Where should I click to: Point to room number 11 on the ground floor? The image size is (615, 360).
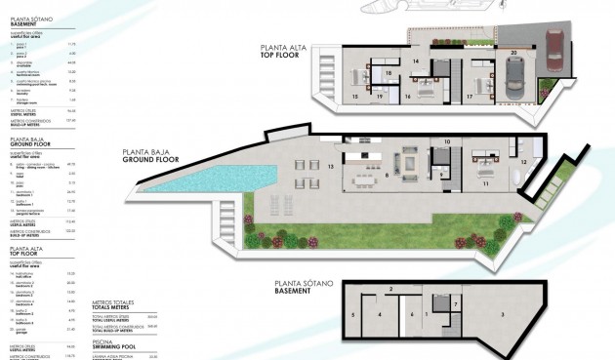[x=485, y=182]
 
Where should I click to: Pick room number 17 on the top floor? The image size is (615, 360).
[x=470, y=98]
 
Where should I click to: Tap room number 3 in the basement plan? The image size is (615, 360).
[x=502, y=314]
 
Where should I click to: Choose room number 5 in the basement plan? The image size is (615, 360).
[x=352, y=315]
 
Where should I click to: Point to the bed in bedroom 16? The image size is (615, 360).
[x=428, y=86]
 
